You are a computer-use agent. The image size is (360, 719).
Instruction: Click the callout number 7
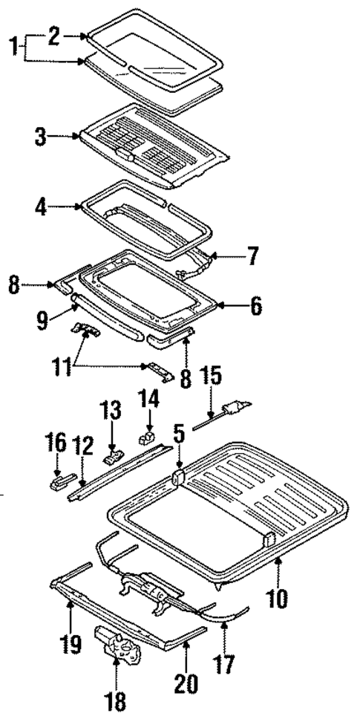[x=252, y=257]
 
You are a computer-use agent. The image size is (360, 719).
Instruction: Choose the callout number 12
[x=82, y=446]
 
